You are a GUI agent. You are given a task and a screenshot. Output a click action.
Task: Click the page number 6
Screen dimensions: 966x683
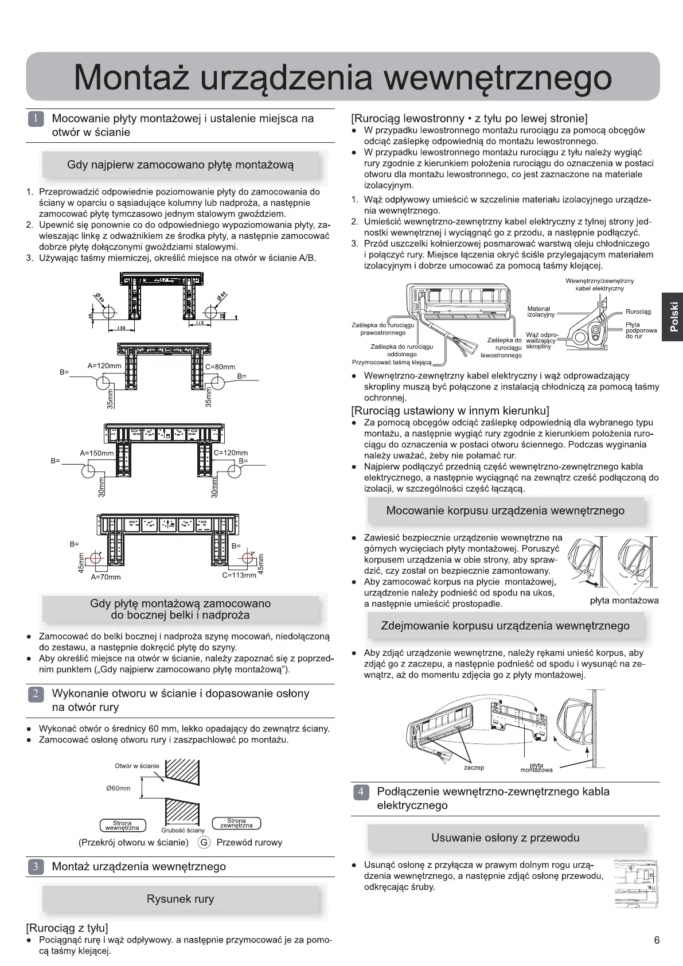pos(657,940)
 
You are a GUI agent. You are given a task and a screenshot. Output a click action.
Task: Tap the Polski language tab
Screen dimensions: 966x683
pos(674,317)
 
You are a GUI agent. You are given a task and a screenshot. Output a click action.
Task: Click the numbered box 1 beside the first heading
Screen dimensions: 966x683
pos(35,119)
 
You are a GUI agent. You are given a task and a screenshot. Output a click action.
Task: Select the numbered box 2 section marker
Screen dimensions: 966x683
pos(35,694)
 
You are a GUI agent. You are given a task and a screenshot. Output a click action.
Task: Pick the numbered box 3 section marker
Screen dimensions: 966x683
pos(35,867)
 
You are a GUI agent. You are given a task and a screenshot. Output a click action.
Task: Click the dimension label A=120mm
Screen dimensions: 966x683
pos(104,366)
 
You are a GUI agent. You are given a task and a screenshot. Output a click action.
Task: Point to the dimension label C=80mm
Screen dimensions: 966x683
pos(220,367)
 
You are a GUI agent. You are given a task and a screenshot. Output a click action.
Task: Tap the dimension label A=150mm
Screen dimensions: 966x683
pos(96,453)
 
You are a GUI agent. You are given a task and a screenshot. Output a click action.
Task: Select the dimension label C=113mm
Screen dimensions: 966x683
pos(239,575)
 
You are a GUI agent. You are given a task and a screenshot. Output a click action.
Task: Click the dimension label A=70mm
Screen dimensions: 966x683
pos(106,577)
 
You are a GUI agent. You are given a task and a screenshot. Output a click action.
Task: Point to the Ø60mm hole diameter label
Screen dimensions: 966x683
pos(118,788)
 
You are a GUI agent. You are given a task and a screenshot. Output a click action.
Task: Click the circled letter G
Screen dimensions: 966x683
pos(203,842)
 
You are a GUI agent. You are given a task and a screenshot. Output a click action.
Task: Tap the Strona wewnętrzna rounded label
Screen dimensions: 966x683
pos(122,825)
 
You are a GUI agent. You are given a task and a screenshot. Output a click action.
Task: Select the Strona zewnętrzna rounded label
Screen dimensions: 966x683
pos(236,823)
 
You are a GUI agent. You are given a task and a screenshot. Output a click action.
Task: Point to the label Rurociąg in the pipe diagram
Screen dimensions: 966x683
pos(638,312)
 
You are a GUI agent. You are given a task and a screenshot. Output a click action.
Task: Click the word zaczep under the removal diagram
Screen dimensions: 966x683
pos(474,768)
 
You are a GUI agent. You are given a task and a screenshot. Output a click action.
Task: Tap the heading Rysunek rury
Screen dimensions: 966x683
pos(180,899)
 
